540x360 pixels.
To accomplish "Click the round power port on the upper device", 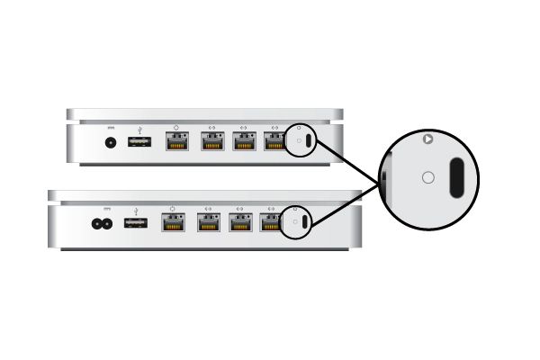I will point(112,142).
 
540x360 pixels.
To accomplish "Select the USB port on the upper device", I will point(139,142).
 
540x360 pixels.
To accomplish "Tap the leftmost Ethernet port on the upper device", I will point(176,141).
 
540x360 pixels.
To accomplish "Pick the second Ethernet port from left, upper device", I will point(212,141).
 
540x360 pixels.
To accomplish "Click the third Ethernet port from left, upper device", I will point(244,141).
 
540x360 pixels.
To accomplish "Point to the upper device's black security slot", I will point(309,142).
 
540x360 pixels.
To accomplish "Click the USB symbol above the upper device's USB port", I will point(139,128).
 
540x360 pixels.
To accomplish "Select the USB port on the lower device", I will point(135,222).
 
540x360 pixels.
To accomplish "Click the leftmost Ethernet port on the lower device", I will point(174,222).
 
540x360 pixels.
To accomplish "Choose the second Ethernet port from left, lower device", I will point(208,222).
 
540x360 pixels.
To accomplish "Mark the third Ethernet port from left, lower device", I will point(240,222).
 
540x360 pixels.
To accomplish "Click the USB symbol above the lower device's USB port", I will point(135,209).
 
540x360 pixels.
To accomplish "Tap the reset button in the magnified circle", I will point(427,178).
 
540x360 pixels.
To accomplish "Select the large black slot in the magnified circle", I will point(456,177).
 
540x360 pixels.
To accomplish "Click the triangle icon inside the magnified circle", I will point(428,139).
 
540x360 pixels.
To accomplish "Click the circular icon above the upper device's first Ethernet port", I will point(176,128).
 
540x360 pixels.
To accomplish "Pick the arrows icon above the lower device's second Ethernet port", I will point(208,209).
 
